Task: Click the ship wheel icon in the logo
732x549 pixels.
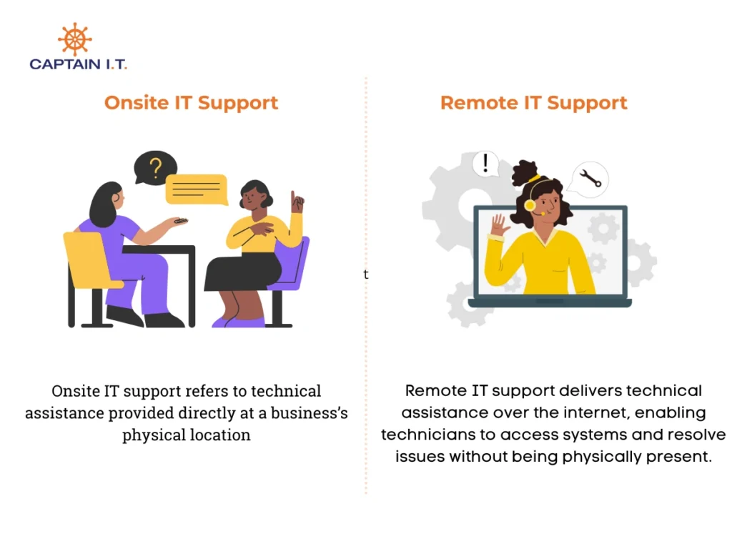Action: pyautogui.click(x=74, y=39)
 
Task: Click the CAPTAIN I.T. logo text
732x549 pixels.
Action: pyautogui.click(x=78, y=64)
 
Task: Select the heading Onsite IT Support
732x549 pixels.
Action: pyautogui.click(x=191, y=103)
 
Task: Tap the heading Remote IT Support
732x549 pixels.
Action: pyautogui.click(x=533, y=103)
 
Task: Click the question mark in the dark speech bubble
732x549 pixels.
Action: pyautogui.click(x=155, y=168)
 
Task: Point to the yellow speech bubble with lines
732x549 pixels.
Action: pyautogui.click(x=197, y=189)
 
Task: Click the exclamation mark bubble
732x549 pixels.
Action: pyautogui.click(x=485, y=164)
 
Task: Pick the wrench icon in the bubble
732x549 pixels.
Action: pyautogui.click(x=590, y=178)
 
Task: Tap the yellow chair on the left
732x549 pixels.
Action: pyautogui.click(x=90, y=259)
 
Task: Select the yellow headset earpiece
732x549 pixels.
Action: pyautogui.click(x=530, y=205)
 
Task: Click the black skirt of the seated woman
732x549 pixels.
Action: pyautogui.click(x=243, y=272)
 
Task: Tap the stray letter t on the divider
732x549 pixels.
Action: pyautogui.click(x=366, y=274)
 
